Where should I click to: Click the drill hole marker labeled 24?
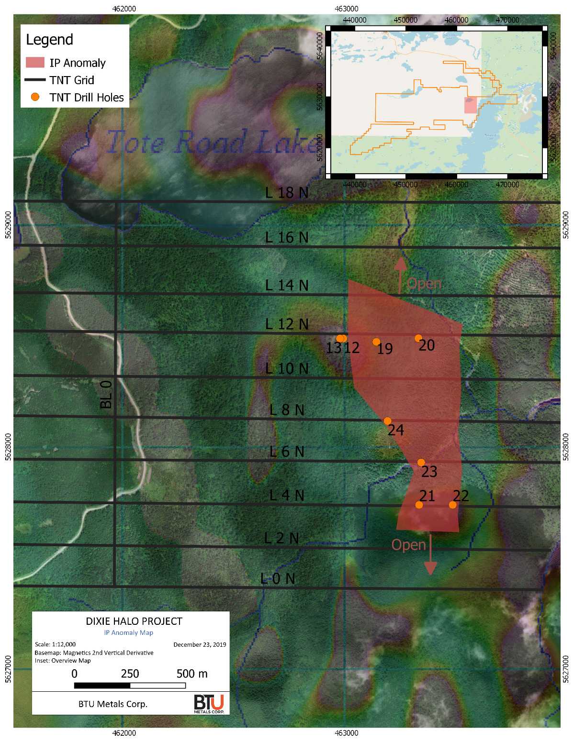(x=387, y=421)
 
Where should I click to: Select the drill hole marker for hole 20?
(x=418, y=338)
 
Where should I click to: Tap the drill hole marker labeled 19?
(x=376, y=342)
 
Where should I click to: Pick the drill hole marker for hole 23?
(x=421, y=462)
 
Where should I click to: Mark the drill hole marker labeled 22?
(x=452, y=505)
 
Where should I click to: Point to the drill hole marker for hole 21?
(x=419, y=505)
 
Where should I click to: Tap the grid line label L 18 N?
(x=287, y=192)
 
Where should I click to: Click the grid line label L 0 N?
(x=278, y=578)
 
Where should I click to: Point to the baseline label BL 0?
(x=106, y=394)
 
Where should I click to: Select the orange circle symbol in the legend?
(x=35, y=97)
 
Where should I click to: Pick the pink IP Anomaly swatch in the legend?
(x=35, y=63)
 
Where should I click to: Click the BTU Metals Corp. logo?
(x=209, y=704)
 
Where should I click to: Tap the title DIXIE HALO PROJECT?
(x=134, y=621)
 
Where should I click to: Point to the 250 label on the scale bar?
(x=130, y=674)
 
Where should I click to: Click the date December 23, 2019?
(x=200, y=644)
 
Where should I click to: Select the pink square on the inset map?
(x=471, y=105)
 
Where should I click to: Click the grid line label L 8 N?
(x=287, y=410)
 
